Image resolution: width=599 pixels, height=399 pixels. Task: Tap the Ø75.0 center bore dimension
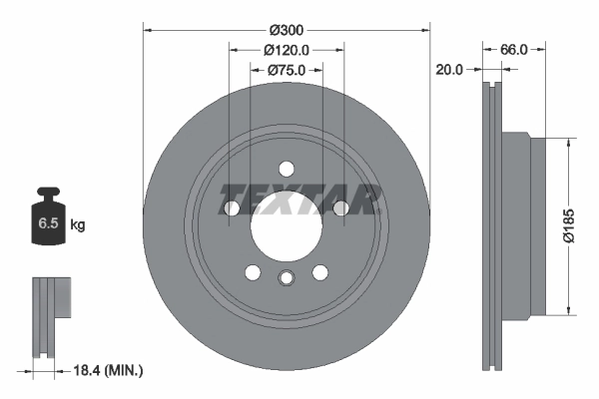click(287, 70)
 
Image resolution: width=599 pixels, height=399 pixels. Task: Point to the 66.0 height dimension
click(513, 49)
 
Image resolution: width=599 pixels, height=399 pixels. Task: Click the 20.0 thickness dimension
click(450, 70)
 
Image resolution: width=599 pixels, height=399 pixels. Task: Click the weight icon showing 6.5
click(48, 221)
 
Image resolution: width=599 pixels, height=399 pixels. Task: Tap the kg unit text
click(78, 225)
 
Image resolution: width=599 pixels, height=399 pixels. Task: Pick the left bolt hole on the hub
click(233, 207)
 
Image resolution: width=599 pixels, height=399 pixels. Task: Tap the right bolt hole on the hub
click(340, 207)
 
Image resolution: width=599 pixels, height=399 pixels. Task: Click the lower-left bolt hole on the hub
click(253, 271)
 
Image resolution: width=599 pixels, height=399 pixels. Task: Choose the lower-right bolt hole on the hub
click(319, 271)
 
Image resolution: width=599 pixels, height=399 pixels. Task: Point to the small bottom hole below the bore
click(286, 278)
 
